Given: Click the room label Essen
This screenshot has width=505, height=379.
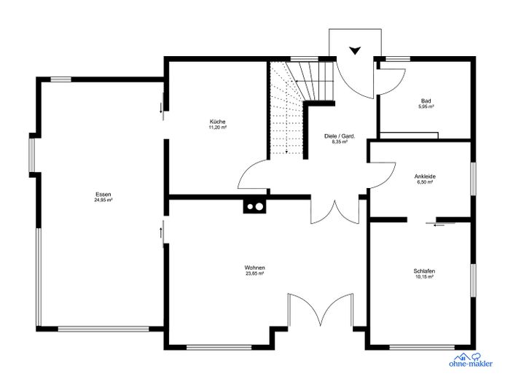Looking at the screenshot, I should tap(103, 194).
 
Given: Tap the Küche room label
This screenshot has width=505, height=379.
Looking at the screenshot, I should tap(217, 121).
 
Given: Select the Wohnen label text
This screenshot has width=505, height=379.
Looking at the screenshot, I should tap(254, 267).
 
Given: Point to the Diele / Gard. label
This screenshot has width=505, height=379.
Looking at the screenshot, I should tap(339, 136).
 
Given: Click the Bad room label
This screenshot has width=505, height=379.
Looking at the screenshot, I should tap(426, 101).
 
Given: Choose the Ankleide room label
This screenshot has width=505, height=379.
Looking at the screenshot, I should tap(424, 176).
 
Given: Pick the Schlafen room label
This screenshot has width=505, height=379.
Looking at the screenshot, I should tap(424, 271).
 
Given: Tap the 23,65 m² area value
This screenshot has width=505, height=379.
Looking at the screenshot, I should tap(254, 274).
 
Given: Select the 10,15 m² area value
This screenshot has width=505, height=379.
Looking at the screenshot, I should tap(424, 278).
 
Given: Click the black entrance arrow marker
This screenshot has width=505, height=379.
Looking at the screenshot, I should tap(355, 50).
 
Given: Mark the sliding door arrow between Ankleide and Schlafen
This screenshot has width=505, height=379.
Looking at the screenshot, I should tap(439, 225).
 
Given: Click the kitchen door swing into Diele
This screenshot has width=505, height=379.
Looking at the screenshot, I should tap(253, 176).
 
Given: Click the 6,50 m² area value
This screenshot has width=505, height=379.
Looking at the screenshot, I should tap(424, 182).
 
